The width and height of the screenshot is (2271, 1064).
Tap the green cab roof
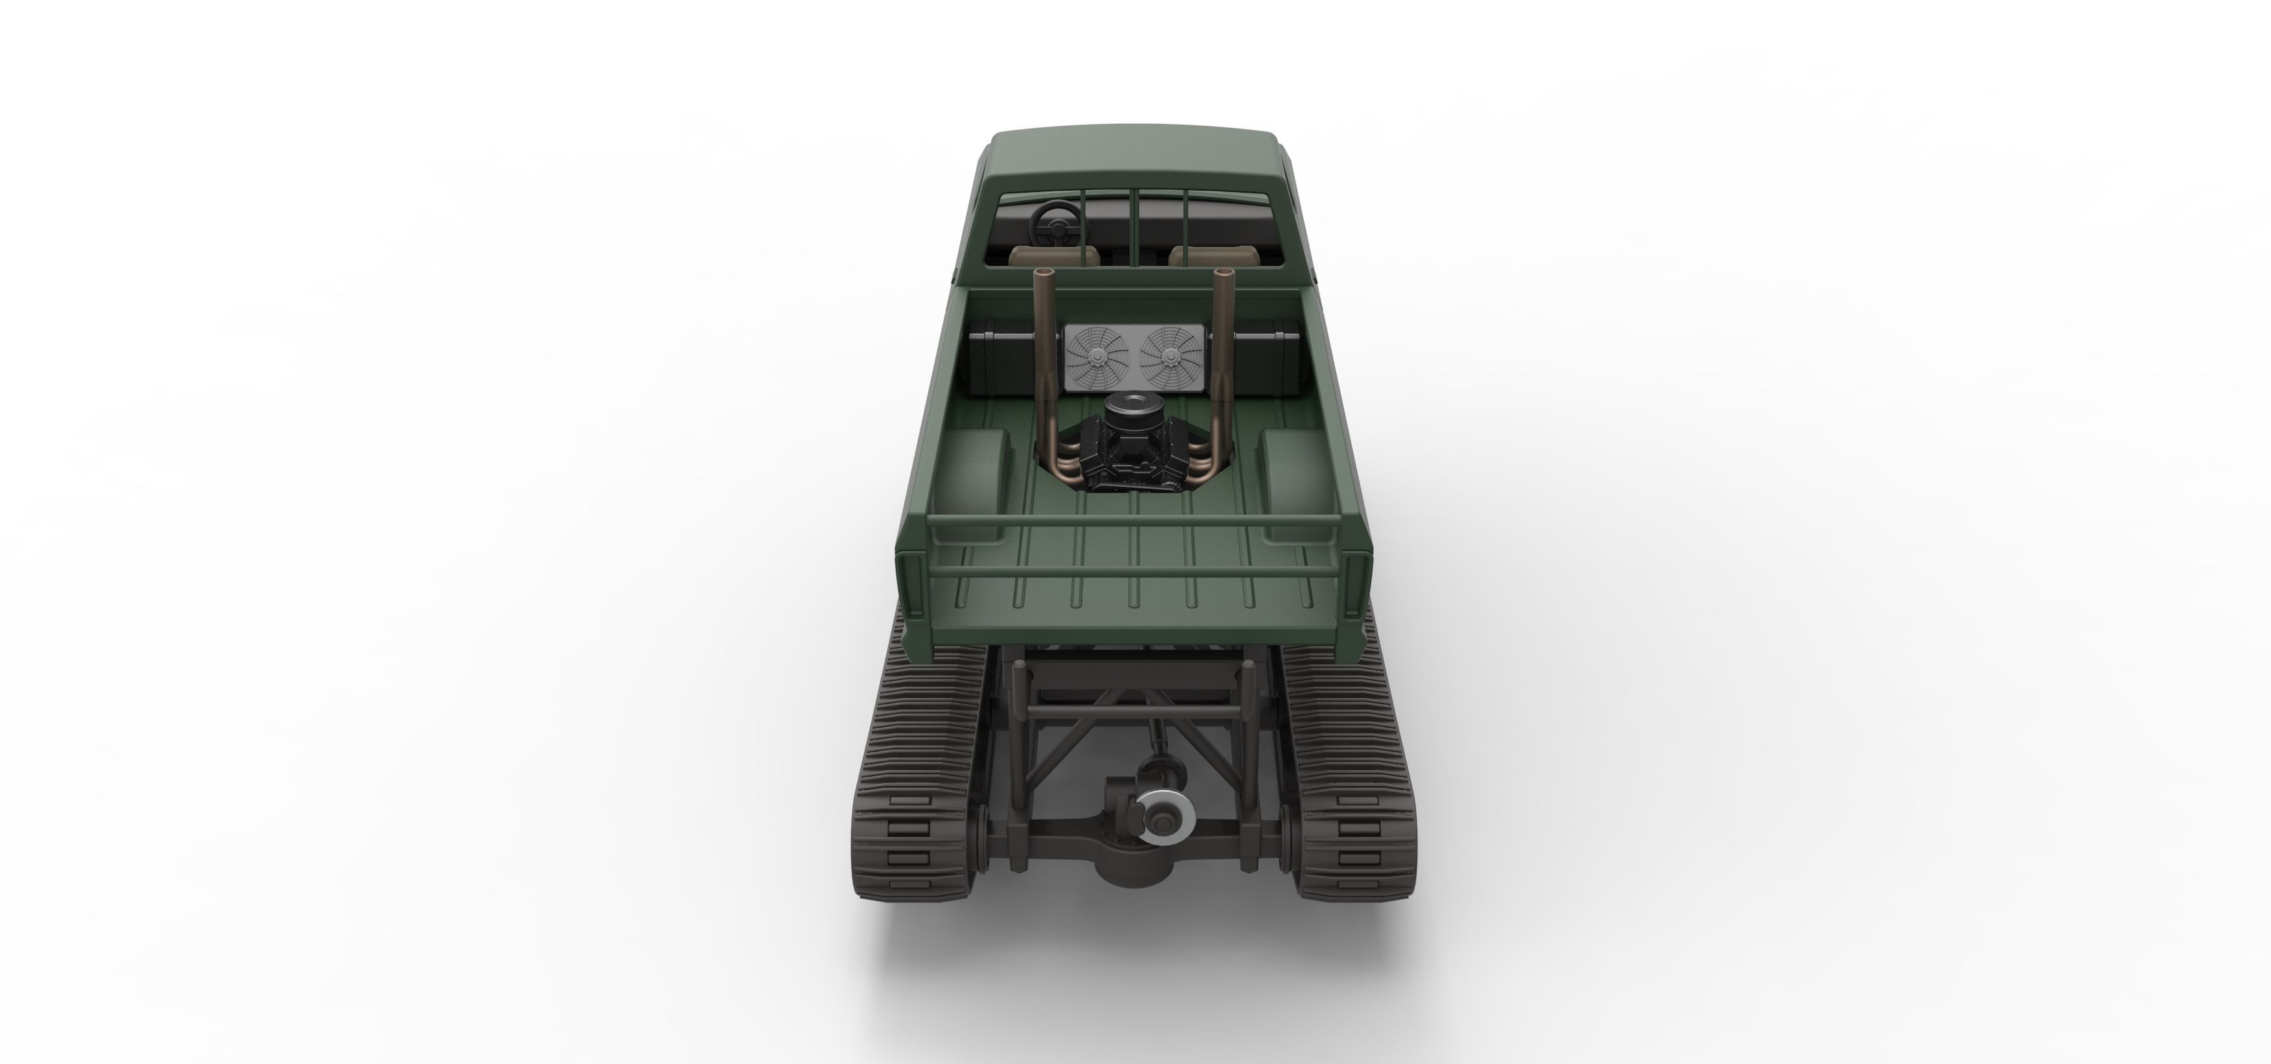pos(1135,159)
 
